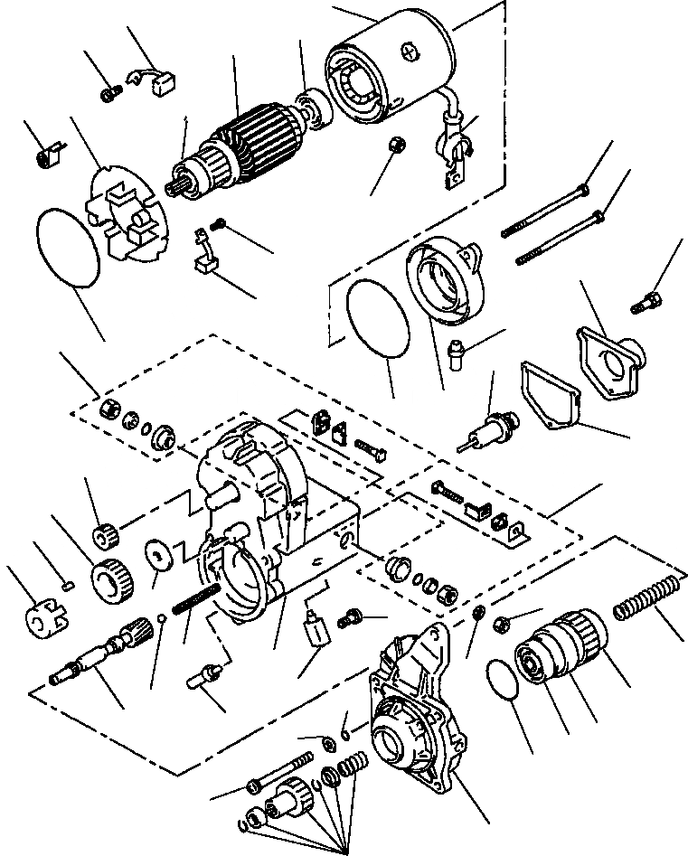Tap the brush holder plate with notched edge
pyautogui.click(x=127, y=217)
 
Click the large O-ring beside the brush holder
pyautogui.click(x=68, y=246)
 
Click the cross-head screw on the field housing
pyautogui.click(x=414, y=52)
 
